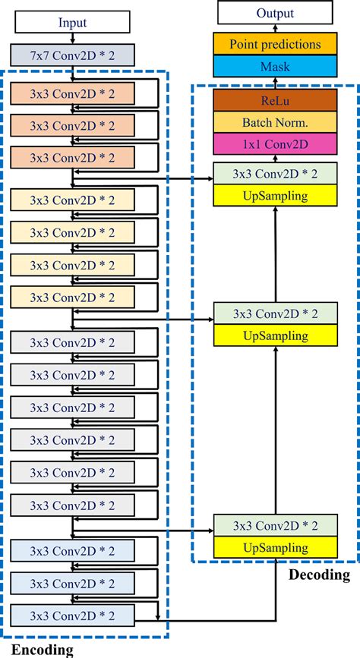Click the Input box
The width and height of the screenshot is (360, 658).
(x=72, y=23)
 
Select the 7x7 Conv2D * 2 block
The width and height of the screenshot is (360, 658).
(x=72, y=54)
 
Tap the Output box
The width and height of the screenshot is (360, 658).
(x=274, y=13)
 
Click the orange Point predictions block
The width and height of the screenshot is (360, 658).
(x=274, y=44)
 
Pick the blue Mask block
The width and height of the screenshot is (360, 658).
(x=274, y=66)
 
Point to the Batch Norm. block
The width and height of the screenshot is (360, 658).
(x=274, y=122)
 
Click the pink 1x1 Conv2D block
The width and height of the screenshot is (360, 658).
(x=274, y=143)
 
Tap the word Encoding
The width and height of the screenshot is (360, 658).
(x=43, y=649)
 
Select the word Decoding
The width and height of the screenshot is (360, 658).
(x=319, y=575)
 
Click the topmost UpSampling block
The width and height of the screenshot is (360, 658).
(x=274, y=196)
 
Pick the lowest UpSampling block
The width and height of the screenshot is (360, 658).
(x=274, y=547)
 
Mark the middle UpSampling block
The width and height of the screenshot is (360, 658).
(x=274, y=335)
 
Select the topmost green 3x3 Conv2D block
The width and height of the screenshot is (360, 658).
(x=274, y=174)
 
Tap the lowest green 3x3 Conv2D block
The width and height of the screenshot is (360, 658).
(x=274, y=525)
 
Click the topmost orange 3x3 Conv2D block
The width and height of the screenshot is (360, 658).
(x=72, y=93)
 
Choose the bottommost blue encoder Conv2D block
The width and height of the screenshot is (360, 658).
(x=72, y=614)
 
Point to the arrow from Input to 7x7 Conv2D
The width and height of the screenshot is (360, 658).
(x=72, y=38)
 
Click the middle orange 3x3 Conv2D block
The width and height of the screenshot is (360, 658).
(x=72, y=125)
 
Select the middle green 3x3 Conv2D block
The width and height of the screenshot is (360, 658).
(x=274, y=313)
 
